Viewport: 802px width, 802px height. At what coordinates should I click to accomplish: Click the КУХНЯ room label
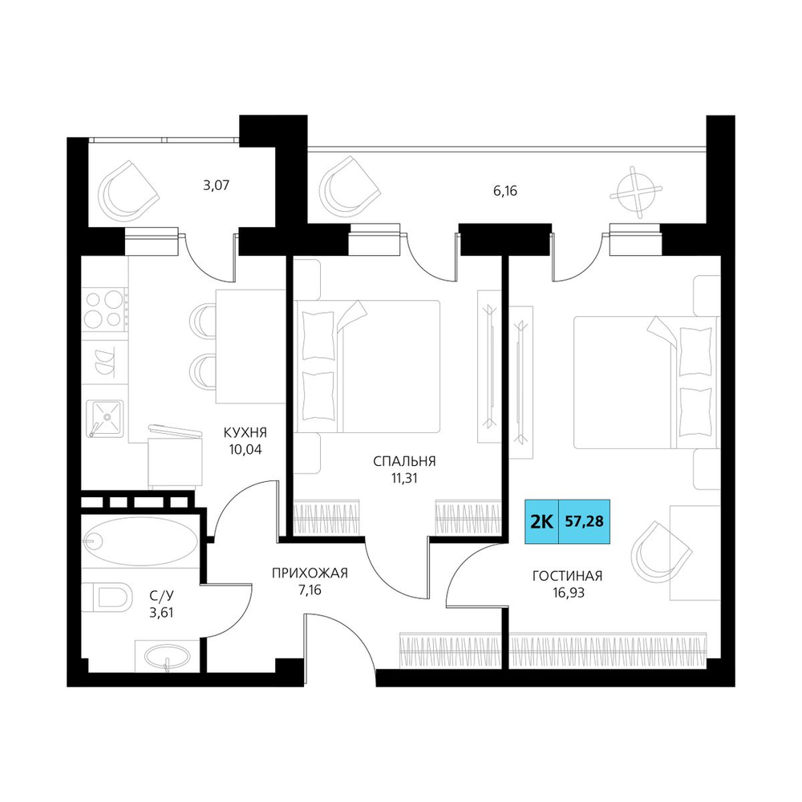(245, 433)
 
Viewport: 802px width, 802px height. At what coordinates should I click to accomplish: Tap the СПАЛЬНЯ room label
(404, 461)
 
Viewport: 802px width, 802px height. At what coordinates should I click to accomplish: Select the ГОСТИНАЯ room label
(567, 576)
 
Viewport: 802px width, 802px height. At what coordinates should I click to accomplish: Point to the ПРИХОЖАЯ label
(310, 573)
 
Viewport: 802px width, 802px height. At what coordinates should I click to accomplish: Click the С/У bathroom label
(162, 595)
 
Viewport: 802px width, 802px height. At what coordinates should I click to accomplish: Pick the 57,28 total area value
(584, 521)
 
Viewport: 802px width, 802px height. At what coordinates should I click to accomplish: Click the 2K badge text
(541, 522)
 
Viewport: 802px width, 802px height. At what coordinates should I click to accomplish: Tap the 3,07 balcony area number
(217, 185)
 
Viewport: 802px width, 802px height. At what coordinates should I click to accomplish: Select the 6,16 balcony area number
(504, 191)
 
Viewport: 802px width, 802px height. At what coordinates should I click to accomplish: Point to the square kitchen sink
(105, 418)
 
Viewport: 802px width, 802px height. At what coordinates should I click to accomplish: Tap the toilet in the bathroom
(107, 597)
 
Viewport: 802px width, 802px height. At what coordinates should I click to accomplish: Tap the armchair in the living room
(661, 553)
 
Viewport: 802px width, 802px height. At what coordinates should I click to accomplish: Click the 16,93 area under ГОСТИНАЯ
(567, 593)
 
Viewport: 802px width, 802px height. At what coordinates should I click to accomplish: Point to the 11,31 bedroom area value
(404, 478)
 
